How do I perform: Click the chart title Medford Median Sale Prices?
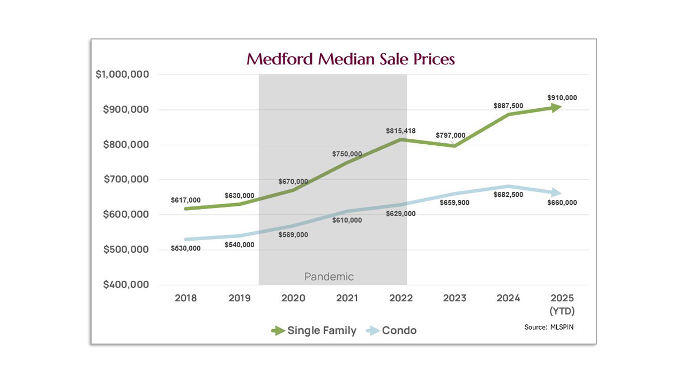(x=351, y=59)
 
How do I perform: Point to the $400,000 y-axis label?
(x=126, y=285)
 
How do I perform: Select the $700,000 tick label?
(x=126, y=180)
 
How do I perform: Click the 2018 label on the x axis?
(x=185, y=298)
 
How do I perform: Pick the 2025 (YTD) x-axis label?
(x=562, y=304)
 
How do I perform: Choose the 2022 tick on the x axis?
(x=400, y=298)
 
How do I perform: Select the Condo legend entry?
(x=399, y=331)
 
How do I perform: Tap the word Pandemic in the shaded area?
(x=329, y=277)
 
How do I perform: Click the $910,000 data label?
(x=562, y=98)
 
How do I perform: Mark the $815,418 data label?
(x=400, y=131)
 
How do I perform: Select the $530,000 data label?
(x=185, y=249)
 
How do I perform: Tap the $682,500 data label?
(x=508, y=195)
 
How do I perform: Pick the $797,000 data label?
(x=450, y=136)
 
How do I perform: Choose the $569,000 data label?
(x=293, y=235)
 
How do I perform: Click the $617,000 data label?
(x=185, y=201)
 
